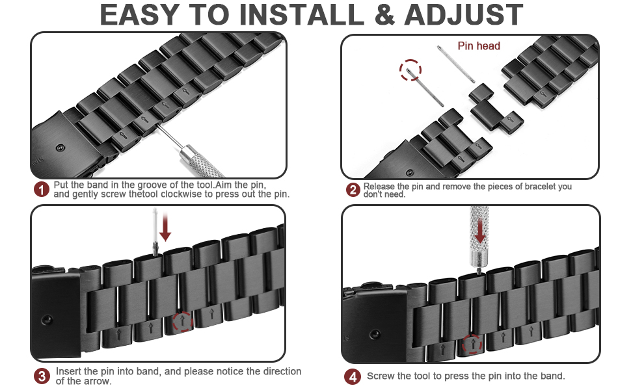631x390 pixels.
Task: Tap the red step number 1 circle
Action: point(42,190)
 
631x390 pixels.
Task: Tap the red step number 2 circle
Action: point(353,190)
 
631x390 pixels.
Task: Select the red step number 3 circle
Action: point(42,376)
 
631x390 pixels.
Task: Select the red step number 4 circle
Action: point(353,376)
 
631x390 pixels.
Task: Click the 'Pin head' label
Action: point(479,45)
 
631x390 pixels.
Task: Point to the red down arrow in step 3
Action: point(165,229)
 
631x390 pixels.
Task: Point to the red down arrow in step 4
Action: point(479,231)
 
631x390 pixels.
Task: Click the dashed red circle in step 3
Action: point(183,321)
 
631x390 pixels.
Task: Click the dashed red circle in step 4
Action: point(472,344)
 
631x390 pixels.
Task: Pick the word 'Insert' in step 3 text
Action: point(68,371)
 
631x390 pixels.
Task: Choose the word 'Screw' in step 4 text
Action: point(380,376)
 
